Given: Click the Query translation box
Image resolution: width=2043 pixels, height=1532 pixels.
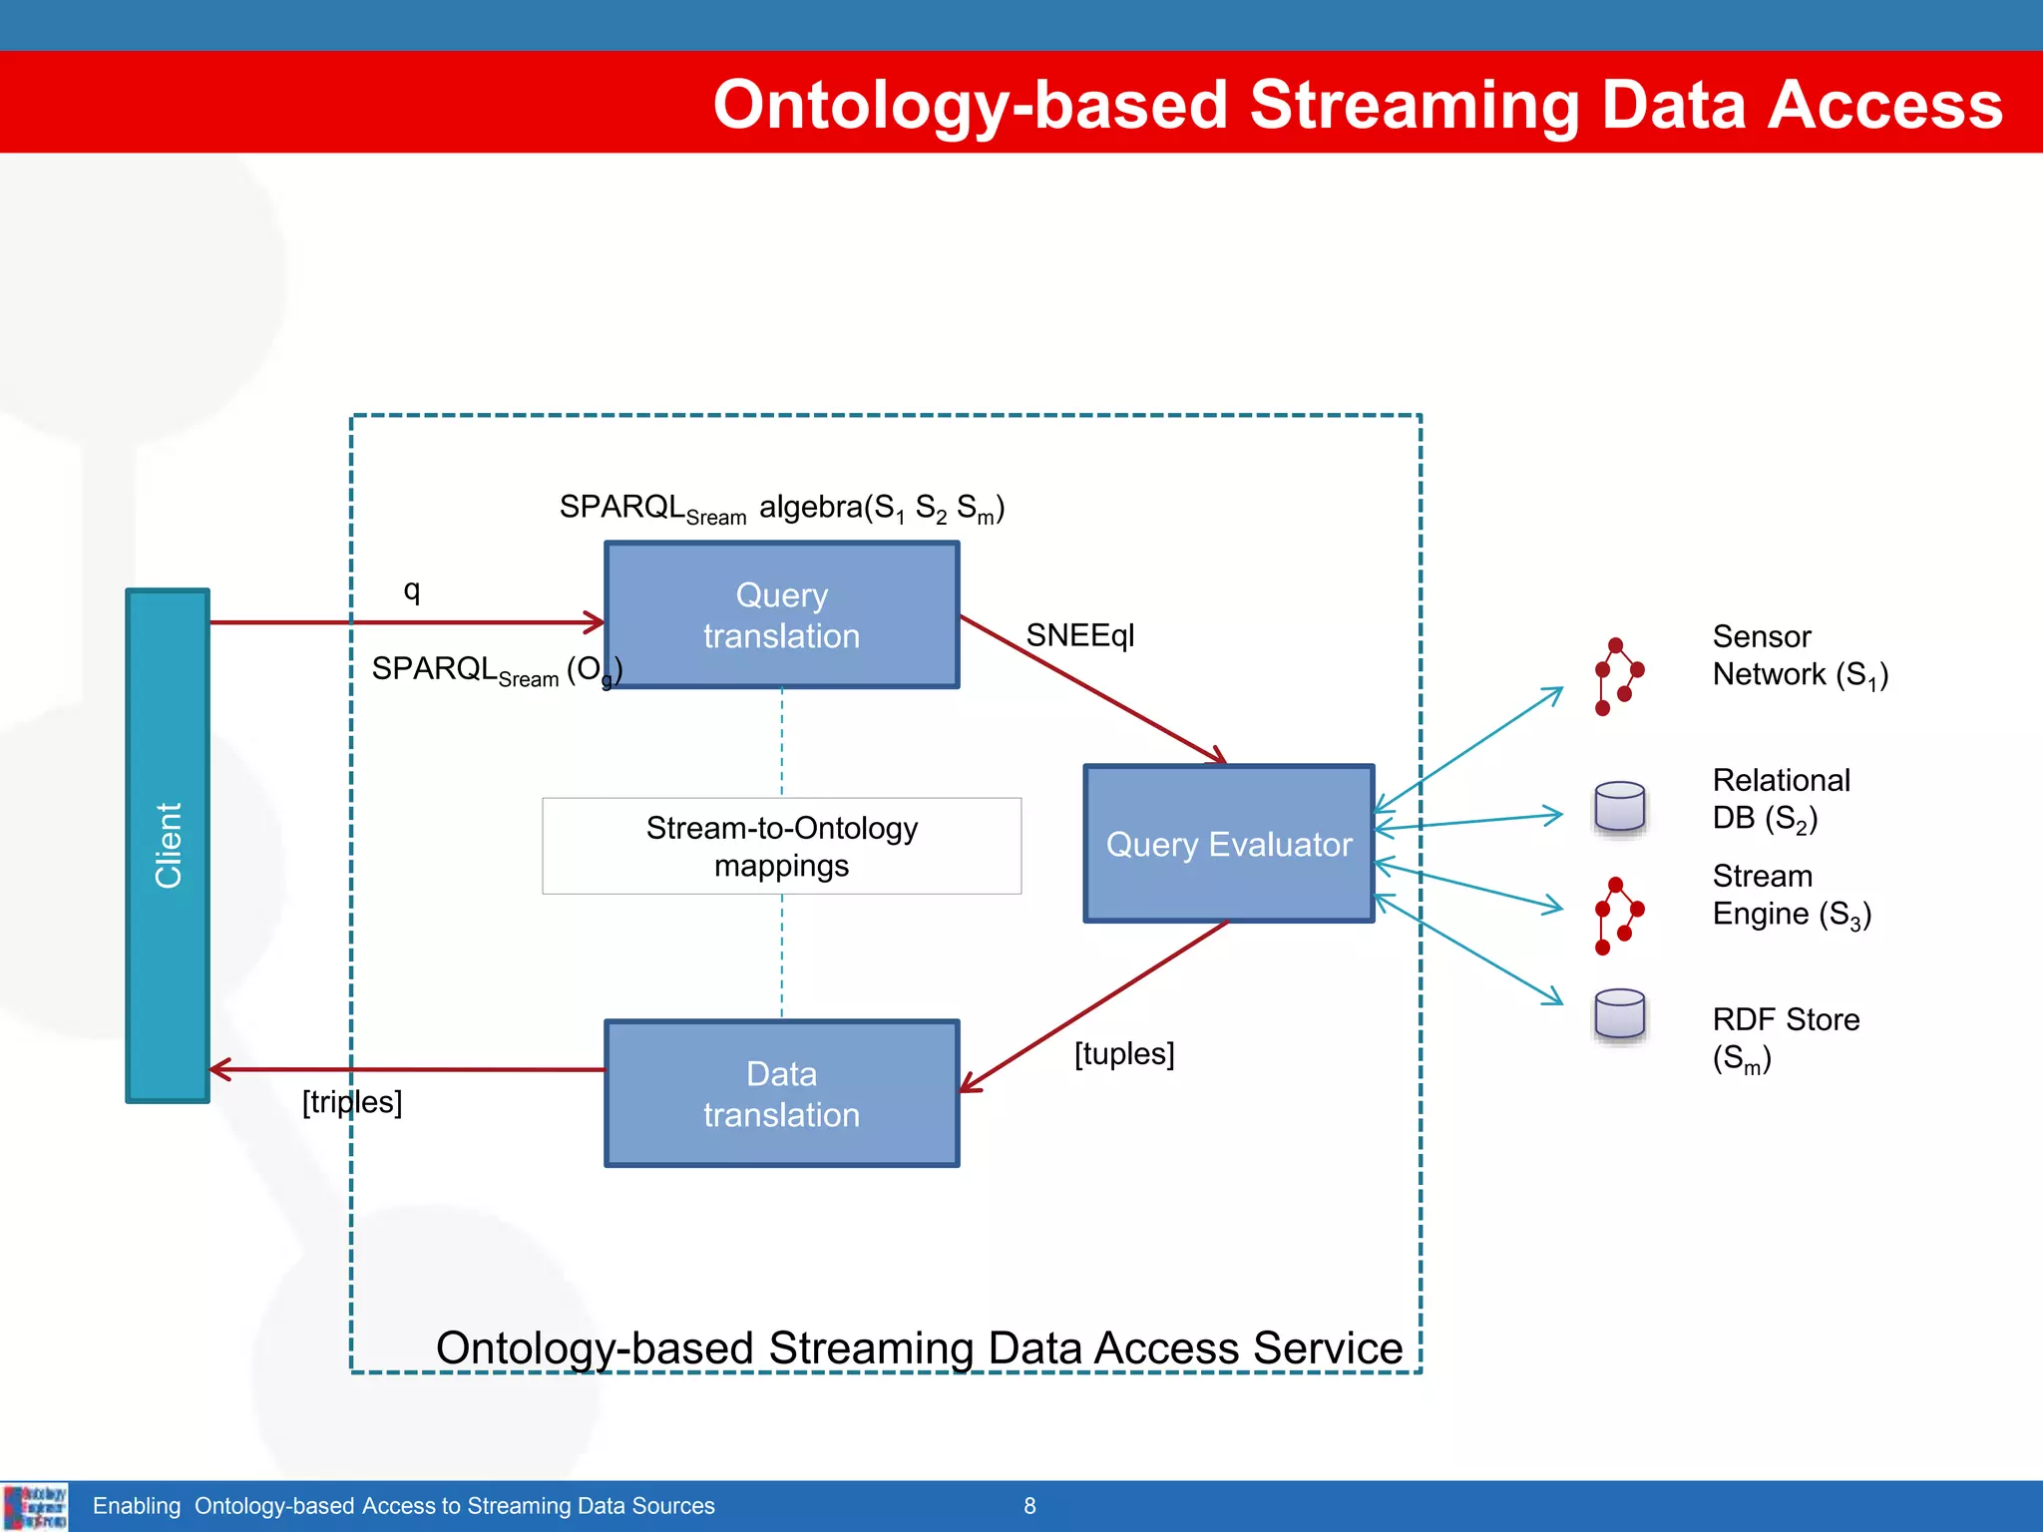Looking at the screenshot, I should point(781,615).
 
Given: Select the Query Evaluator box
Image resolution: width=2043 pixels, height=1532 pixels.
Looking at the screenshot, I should point(1228,844).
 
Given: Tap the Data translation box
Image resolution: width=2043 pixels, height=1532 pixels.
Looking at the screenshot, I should point(781,1093).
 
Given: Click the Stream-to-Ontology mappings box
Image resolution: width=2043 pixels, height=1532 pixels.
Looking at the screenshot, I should point(781,846).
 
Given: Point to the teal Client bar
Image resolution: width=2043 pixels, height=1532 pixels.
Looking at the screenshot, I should point(168,845).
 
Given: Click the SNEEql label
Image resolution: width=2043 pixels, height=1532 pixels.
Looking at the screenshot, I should point(1080,635).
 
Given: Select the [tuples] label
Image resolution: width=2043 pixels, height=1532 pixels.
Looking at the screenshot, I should point(1124,1053).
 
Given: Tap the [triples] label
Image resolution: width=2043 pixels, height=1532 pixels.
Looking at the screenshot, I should point(352,1102).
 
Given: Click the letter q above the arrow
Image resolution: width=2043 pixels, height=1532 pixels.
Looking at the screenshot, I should point(411,590).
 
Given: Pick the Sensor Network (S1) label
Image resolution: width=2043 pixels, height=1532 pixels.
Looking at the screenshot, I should point(1799,655).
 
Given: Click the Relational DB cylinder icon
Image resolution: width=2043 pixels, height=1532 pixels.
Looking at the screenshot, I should point(1619,807).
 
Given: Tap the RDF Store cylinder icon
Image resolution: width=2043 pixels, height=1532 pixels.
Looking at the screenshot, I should point(1619,1015).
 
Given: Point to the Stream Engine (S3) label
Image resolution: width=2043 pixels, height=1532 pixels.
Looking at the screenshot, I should point(1791,895).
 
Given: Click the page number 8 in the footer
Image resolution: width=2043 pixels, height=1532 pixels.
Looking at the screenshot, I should point(1029,1506).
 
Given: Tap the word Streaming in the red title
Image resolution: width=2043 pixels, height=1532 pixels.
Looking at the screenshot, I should point(1415,105).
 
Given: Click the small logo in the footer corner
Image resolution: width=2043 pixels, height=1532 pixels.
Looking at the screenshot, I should point(35,1506).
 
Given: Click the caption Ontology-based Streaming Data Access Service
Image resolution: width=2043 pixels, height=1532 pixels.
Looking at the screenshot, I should point(919,1347).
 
